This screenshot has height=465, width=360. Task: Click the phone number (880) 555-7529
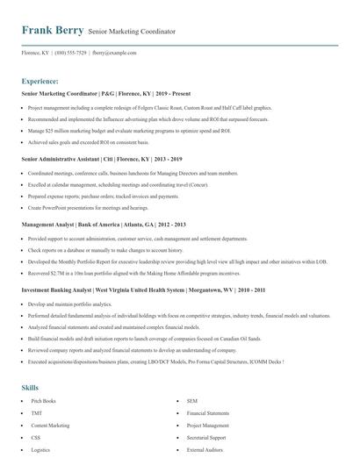71,53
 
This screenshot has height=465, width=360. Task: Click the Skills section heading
30,387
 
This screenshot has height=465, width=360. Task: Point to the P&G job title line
97,92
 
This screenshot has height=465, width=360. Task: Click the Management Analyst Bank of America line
103,225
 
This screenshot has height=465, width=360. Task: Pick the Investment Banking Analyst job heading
131,290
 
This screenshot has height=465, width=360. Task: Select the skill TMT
36,412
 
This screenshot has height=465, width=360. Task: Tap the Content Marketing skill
50,425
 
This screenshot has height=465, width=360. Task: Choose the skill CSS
36,437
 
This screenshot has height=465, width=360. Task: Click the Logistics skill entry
40,449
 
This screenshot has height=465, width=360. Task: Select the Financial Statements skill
207,412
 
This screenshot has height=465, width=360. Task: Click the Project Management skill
208,425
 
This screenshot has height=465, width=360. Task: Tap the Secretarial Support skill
206,437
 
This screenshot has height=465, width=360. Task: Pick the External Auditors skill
203,449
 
